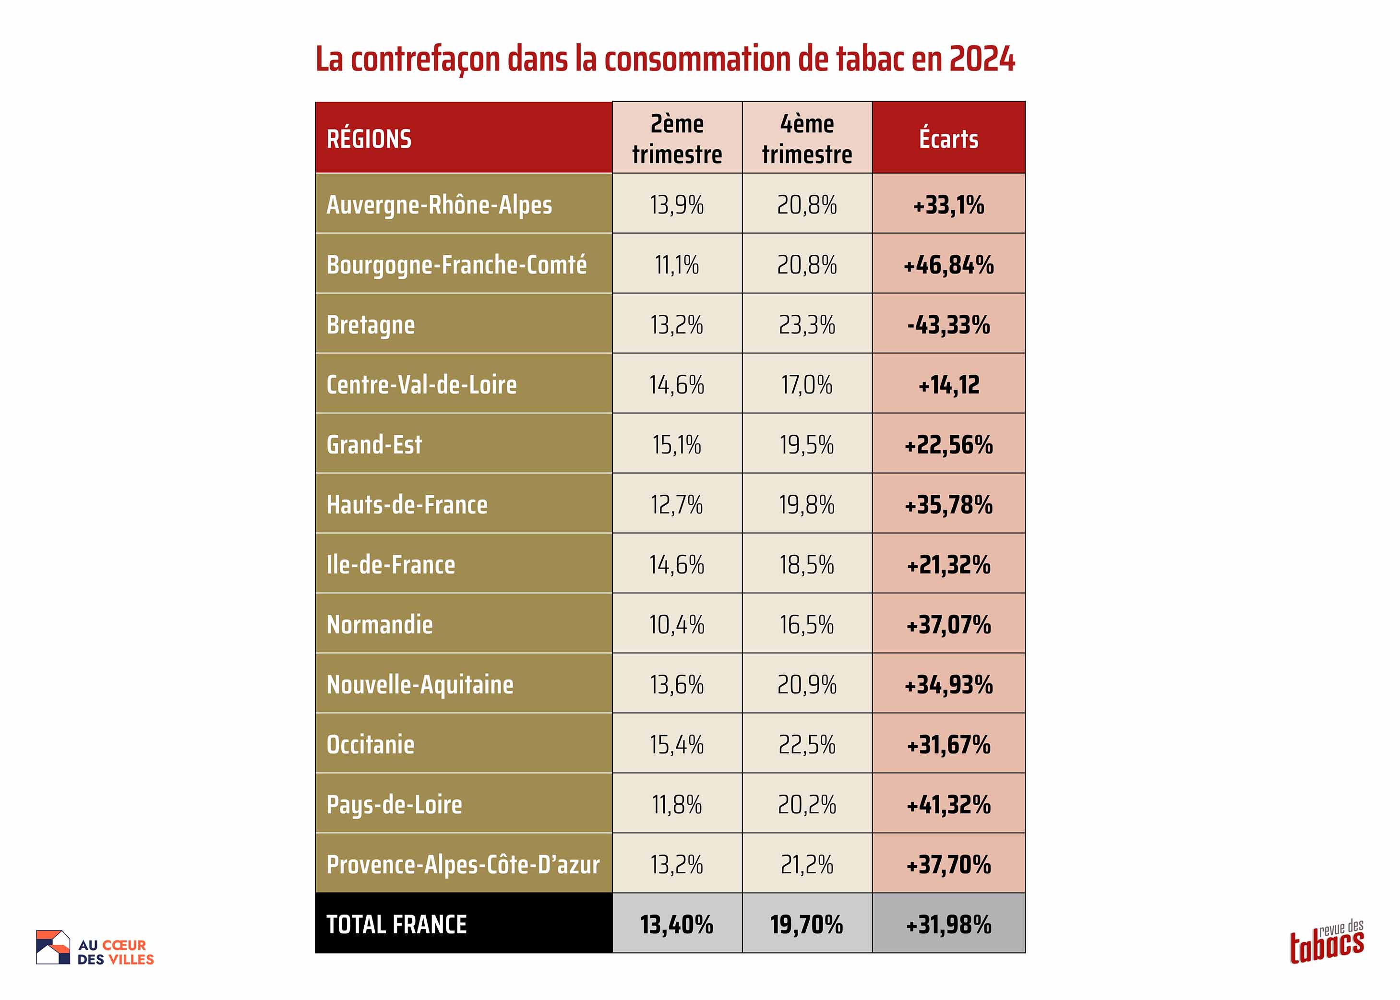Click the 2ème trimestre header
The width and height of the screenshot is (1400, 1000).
[x=677, y=139]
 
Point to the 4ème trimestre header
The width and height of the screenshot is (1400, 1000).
[x=807, y=139]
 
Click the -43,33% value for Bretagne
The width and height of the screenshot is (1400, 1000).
[x=948, y=324]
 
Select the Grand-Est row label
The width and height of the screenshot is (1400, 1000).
[x=374, y=445]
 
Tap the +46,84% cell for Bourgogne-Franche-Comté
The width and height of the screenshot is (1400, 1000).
[x=948, y=265]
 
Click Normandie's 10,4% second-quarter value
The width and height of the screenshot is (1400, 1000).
[x=677, y=625]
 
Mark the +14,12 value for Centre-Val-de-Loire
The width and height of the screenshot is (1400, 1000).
[x=948, y=385]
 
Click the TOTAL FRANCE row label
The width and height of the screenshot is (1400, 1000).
[x=396, y=924]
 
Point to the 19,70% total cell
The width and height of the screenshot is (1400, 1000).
[x=807, y=924]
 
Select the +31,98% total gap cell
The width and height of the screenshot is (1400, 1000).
[x=948, y=924]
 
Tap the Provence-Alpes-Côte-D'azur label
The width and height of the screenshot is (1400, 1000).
[x=463, y=865]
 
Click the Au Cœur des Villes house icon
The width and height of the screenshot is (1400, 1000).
[x=53, y=947]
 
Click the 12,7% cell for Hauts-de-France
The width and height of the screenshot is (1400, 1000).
[x=677, y=505]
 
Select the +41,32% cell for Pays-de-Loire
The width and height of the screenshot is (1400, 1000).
[x=948, y=805]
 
